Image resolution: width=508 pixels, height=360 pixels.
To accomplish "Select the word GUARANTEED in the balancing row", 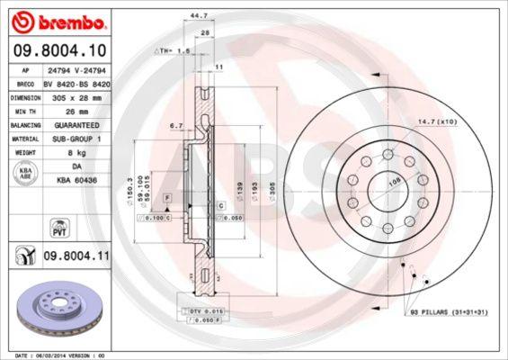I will click(76, 125).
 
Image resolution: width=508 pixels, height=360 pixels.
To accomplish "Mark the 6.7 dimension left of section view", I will click(176, 126).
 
